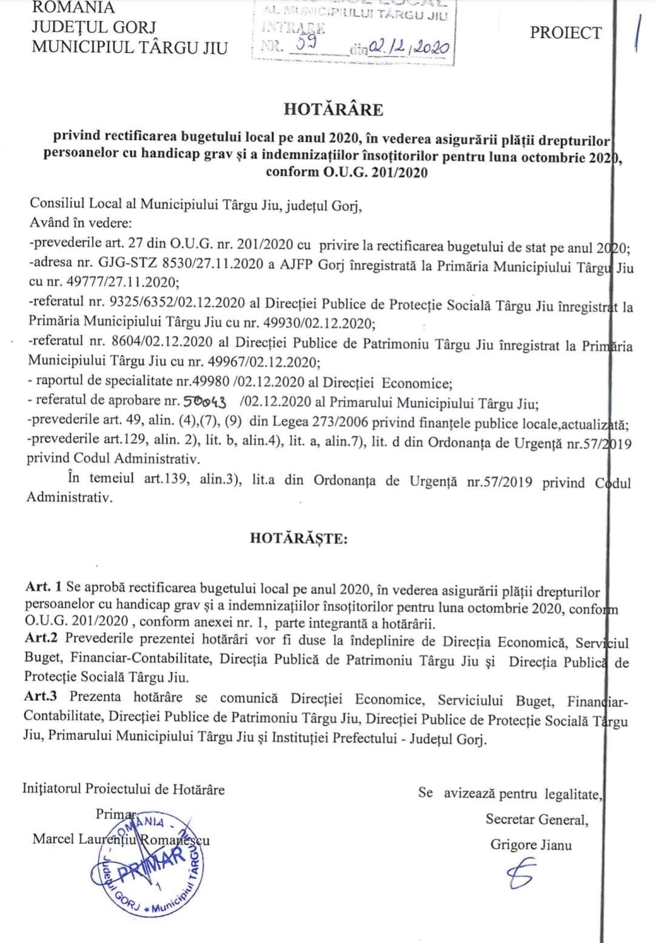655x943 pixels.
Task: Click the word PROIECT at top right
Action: coord(566,33)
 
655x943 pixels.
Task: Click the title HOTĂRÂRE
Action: coord(333,110)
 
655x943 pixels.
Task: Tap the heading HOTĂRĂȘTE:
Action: coord(299,538)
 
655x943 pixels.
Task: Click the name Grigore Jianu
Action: coord(531,845)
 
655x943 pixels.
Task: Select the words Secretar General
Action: coord(536,819)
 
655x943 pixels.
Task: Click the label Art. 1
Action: coord(44,588)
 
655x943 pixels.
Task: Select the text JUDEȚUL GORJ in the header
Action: coord(93,27)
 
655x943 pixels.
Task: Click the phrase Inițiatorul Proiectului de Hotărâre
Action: coord(124,790)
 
